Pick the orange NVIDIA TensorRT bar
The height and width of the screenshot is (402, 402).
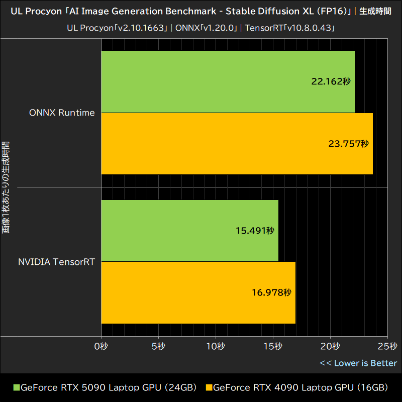click(198, 292)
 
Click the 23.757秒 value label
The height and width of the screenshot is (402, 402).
click(348, 144)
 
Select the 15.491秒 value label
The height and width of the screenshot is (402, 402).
click(254, 231)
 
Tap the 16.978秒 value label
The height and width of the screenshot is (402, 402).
click(271, 292)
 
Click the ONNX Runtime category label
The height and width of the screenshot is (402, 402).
click(62, 113)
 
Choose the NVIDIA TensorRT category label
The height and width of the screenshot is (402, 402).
click(57, 261)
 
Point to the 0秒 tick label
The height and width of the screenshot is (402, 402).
click(102, 346)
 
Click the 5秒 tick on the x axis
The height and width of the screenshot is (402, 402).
click(158, 346)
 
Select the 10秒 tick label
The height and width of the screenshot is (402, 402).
click(216, 346)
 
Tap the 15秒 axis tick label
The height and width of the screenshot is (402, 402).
click(273, 346)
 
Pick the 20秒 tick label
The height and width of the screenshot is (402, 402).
click(330, 346)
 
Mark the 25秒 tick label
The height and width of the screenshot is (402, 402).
click(387, 346)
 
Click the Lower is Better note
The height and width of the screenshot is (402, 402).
click(358, 363)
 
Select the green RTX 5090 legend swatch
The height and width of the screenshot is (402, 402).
click(16, 388)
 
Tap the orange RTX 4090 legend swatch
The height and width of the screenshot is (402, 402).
click(209, 388)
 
